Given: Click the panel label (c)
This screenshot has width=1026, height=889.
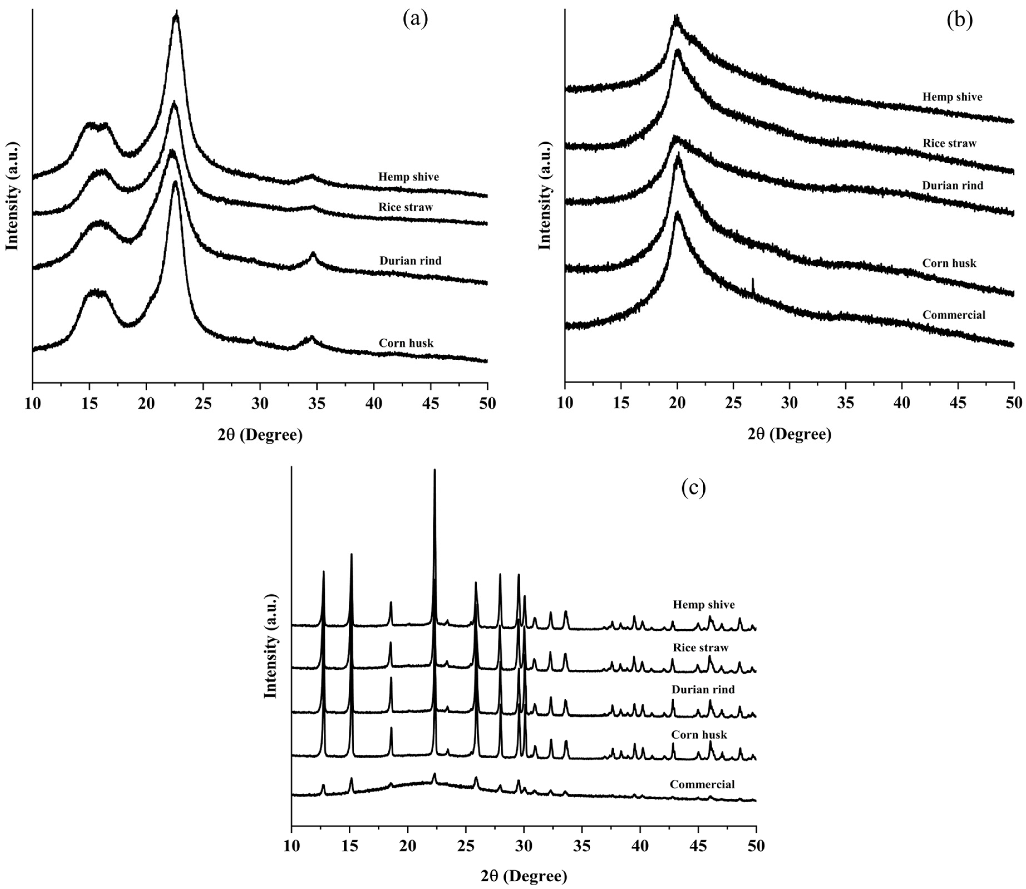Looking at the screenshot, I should [x=693, y=488].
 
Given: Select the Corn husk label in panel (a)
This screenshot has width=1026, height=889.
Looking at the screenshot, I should [x=406, y=343].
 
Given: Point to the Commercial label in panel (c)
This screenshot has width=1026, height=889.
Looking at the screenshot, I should [x=702, y=784].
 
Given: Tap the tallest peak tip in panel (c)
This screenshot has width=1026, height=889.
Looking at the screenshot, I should [x=434, y=470].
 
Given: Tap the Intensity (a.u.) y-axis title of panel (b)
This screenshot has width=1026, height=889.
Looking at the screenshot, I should [x=544, y=196].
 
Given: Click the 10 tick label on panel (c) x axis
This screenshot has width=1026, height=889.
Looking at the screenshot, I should [x=292, y=845].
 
